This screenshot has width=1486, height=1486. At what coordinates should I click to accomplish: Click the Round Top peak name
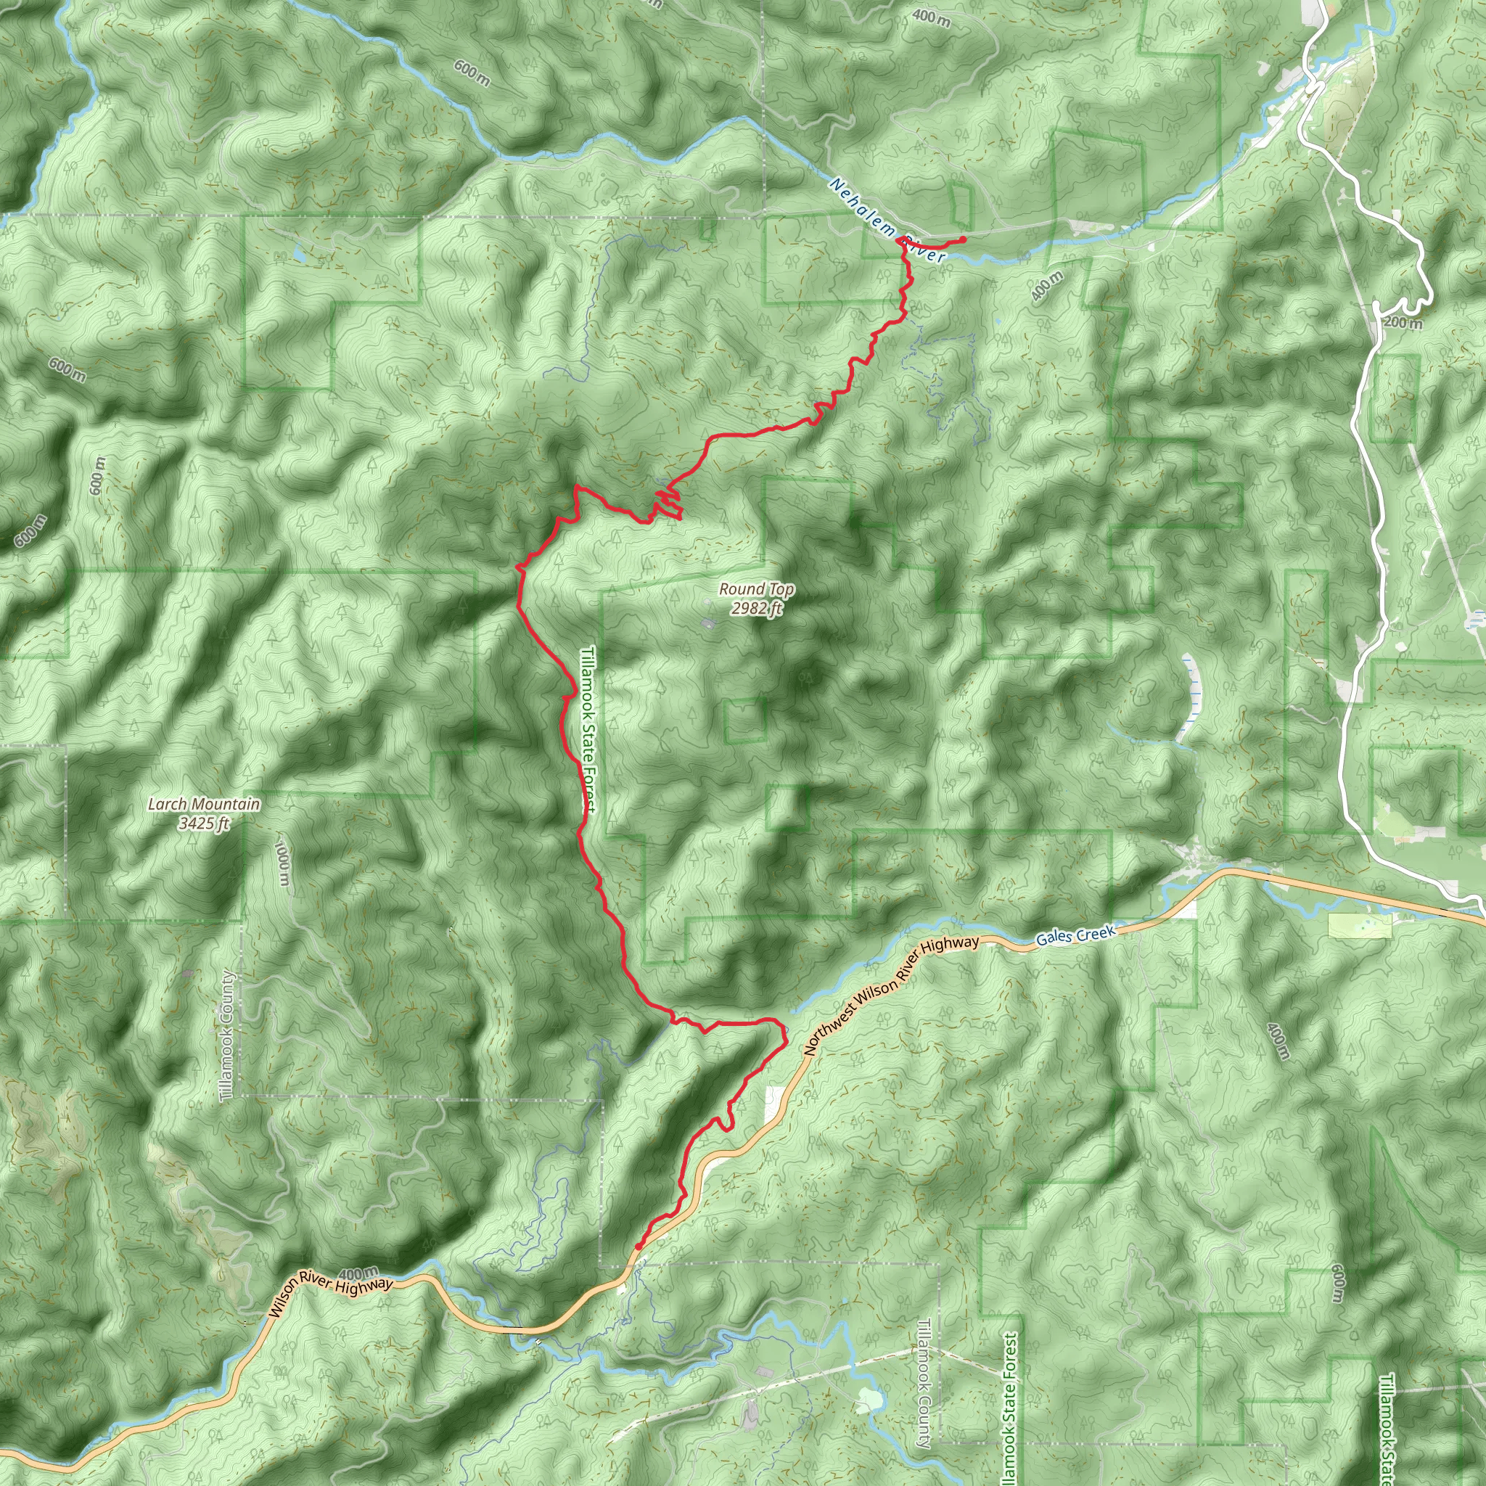pos(756,589)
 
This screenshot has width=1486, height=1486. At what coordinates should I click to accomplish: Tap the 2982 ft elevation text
pos(756,608)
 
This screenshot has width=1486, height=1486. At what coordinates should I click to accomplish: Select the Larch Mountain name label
pos(204,805)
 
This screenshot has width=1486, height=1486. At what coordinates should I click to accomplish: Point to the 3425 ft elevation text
pos(204,824)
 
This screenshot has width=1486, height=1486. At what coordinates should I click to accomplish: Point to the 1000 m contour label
pos(282,862)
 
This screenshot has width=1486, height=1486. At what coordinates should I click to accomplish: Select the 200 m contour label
pos(1403,322)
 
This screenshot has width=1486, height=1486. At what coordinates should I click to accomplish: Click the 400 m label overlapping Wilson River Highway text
pos(358,1273)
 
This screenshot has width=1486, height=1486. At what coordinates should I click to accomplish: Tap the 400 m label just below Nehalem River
pos(1047,286)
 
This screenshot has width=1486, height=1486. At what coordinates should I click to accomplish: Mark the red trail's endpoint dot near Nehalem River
pos(962,241)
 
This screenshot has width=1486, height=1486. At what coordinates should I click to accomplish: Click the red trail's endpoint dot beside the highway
pos(639,1247)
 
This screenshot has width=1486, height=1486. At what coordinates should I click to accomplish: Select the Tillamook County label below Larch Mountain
pos(226,1035)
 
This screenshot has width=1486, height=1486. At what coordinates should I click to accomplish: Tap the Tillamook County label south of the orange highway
pos(924,1383)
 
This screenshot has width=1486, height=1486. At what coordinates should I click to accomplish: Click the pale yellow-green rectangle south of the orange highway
pos(1360,925)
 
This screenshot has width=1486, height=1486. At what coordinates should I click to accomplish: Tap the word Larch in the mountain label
pos(165,805)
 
